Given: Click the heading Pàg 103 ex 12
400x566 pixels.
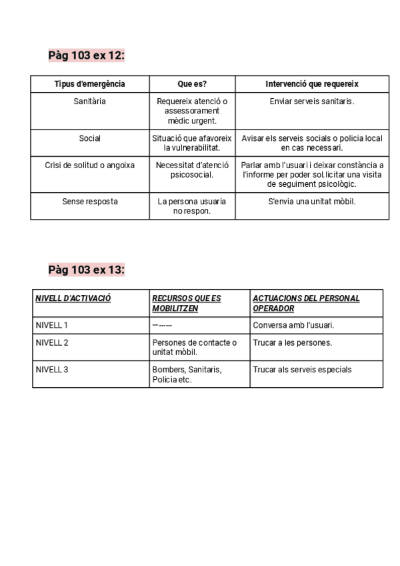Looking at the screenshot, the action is pyautogui.click(x=87, y=55).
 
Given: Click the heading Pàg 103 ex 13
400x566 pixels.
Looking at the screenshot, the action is pyautogui.click(x=87, y=270).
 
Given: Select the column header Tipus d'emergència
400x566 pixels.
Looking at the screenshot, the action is pyautogui.click(x=89, y=84).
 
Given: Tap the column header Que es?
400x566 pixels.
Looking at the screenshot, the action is pyautogui.click(x=192, y=84).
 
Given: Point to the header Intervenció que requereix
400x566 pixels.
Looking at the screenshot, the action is pyautogui.click(x=312, y=84).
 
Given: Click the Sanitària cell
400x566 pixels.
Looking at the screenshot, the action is pyautogui.click(x=89, y=101).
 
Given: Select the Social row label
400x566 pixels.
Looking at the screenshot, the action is pyautogui.click(x=89, y=138).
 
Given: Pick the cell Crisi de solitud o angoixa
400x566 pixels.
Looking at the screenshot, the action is pyautogui.click(x=89, y=166).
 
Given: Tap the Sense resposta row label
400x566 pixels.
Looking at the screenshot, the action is pyautogui.click(x=89, y=201).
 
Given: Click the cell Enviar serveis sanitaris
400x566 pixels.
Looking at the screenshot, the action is pyautogui.click(x=312, y=101).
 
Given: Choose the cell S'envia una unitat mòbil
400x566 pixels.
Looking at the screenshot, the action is pyautogui.click(x=312, y=201).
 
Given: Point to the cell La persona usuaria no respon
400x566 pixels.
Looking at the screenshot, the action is pyautogui.click(x=192, y=206).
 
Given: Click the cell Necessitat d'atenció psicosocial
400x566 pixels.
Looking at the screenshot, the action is pyautogui.click(x=192, y=170).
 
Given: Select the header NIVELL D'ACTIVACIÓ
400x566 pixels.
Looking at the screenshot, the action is pyautogui.click(x=73, y=298).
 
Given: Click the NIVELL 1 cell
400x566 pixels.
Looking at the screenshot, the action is pyautogui.click(x=51, y=325).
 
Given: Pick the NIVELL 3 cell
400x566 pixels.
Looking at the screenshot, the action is pyautogui.click(x=51, y=369).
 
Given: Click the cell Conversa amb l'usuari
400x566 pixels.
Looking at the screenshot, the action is pyautogui.click(x=293, y=325).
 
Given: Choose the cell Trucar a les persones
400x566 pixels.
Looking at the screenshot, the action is pyautogui.click(x=292, y=342).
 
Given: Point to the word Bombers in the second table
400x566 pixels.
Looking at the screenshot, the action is pyautogui.click(x=168, y=369).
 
